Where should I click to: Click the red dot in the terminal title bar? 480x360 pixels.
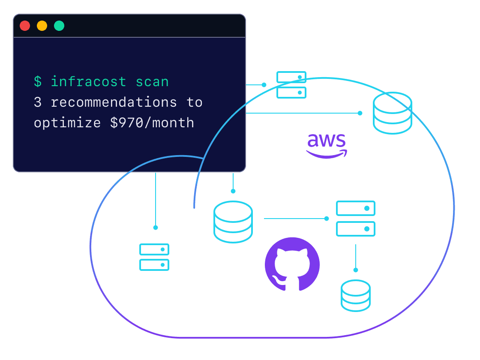pos(25,26)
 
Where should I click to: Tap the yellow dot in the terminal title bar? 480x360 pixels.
pos(42,26)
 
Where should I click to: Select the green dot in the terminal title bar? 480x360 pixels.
pos(59,26)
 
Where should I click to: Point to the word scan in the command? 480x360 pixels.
pos(152,81)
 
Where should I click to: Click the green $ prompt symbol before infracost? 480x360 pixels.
pos(38,81)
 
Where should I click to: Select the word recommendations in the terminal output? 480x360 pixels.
pos(114,102)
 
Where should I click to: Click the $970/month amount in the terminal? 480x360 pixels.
pos(152,123)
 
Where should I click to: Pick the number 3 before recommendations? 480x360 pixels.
pos(38,102)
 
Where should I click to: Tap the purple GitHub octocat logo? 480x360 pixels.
pos(292,264)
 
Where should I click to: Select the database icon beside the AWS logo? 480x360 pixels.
pos(393,113)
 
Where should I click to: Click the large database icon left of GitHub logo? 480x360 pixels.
pos(233,222)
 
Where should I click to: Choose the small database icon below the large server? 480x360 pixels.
pos(356,295)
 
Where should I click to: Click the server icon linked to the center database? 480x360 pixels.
pos(356,219)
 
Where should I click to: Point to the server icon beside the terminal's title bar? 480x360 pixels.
pos(291,85)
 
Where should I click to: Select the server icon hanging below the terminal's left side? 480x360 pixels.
pos(154,257)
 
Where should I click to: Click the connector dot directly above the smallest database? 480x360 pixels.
pos(356,270)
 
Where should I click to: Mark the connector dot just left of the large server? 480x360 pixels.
pos(327,219)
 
